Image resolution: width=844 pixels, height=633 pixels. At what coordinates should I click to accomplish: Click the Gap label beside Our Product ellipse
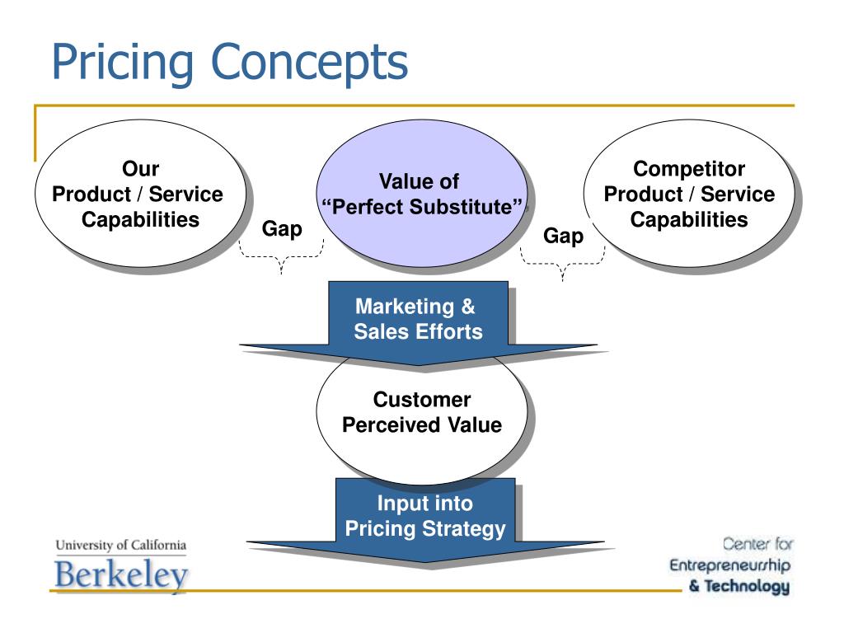(282, 228)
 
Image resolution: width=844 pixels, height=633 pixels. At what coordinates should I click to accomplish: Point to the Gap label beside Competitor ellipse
(563, 237)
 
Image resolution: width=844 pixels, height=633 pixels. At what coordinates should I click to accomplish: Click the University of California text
(121, 546)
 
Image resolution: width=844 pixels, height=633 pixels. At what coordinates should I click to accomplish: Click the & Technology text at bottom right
(739, 587)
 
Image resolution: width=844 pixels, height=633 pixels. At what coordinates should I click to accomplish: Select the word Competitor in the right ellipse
(689, 169)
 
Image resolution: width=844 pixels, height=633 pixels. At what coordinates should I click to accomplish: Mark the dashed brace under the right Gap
(563, 265)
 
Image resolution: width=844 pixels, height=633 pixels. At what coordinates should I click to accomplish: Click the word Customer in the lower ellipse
(422, 401)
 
